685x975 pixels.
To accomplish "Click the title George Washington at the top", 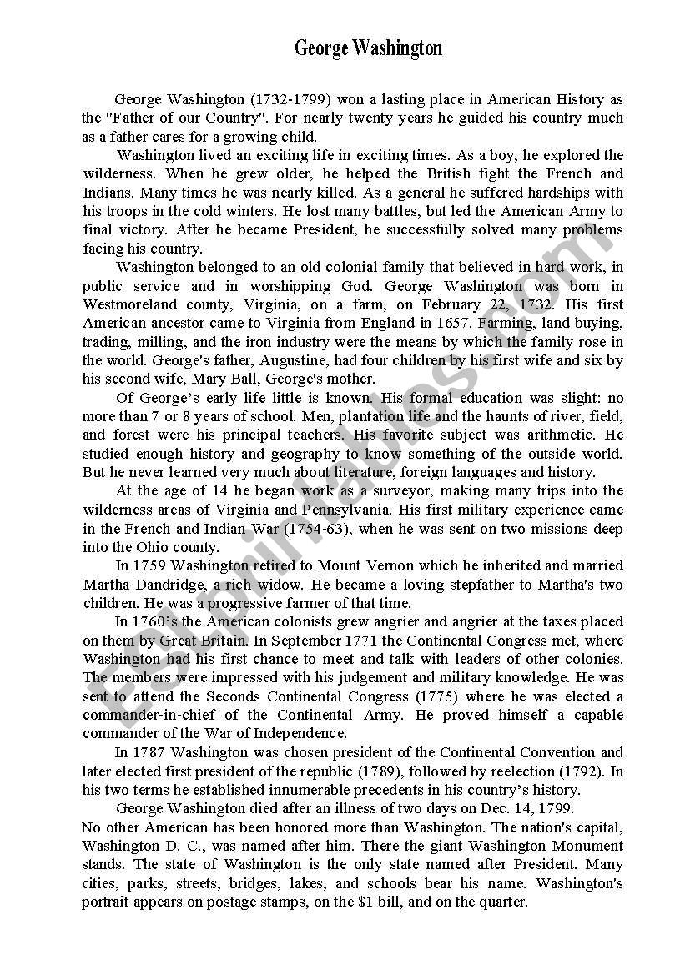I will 368,48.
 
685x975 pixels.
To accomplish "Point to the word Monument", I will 585,846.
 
